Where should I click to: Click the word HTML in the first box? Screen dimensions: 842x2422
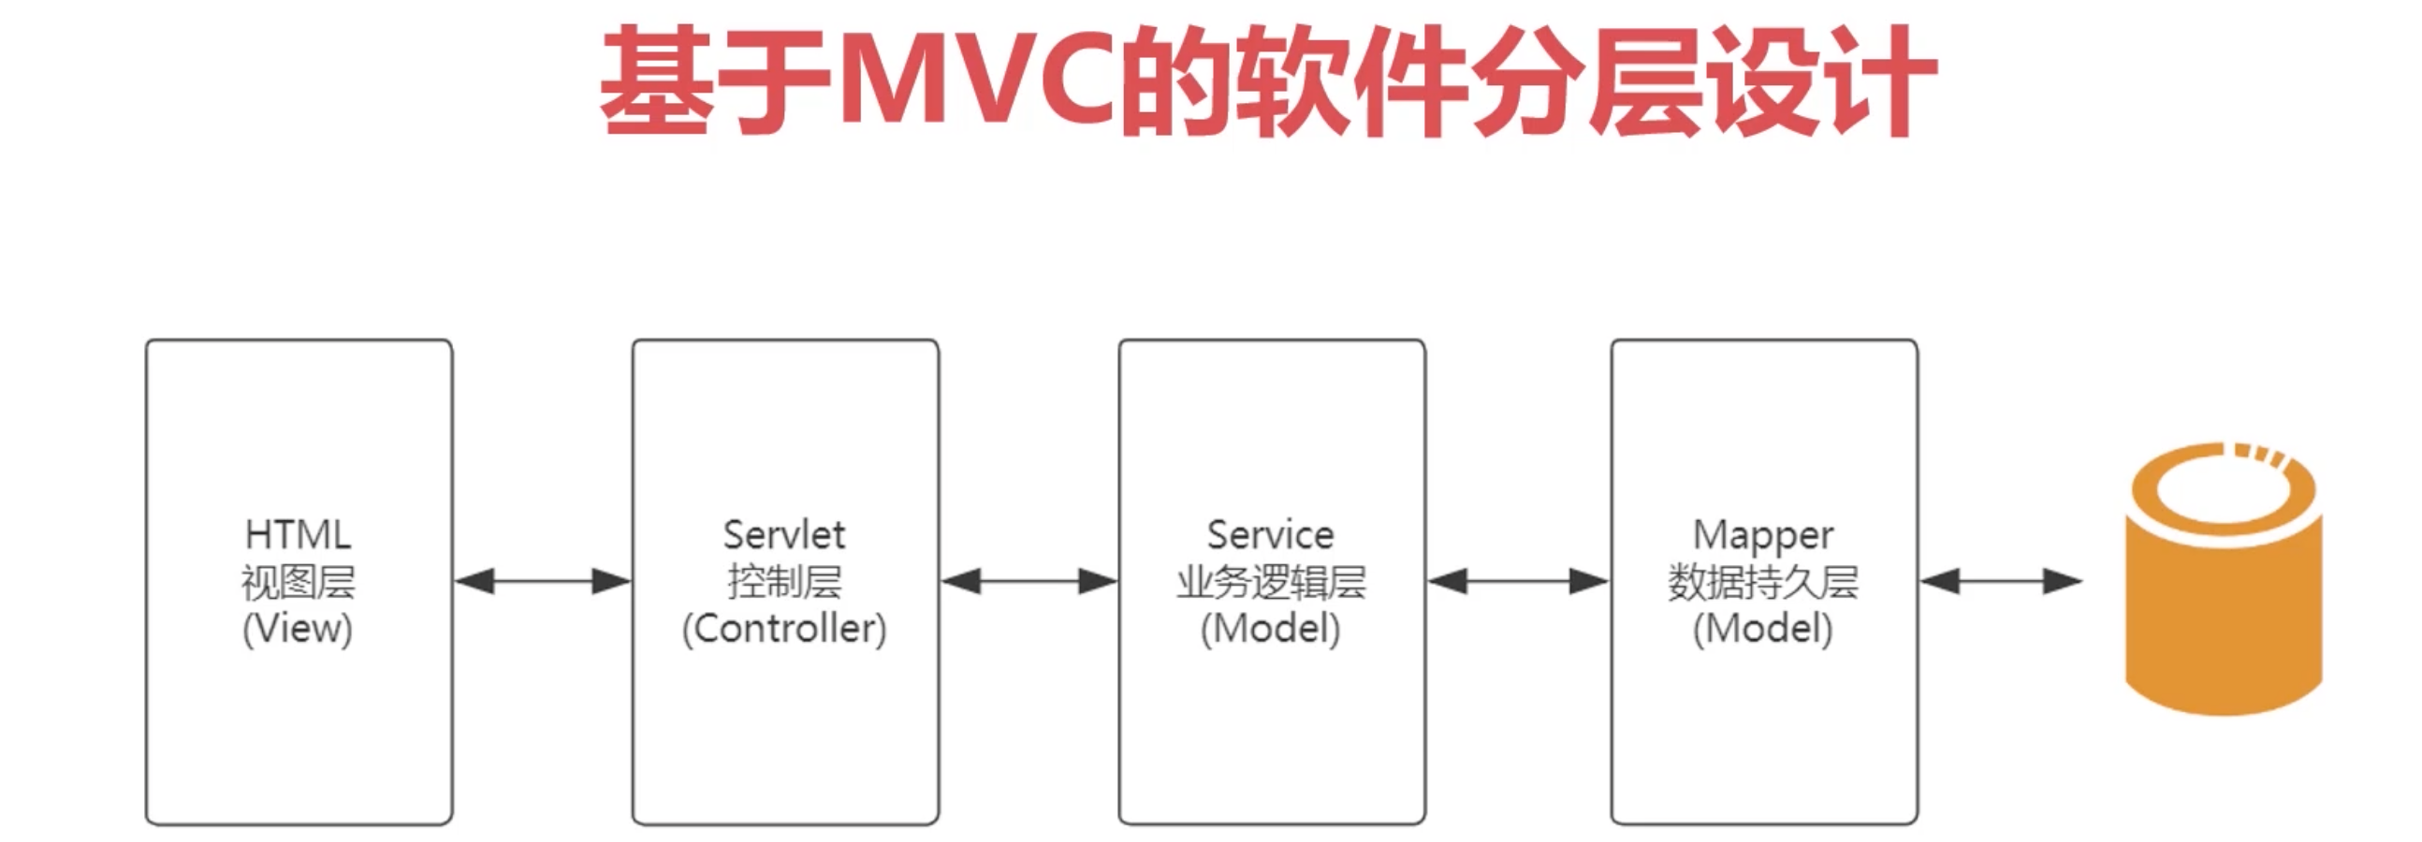pos(298,535)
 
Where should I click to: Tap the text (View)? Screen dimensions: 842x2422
pos(298,629)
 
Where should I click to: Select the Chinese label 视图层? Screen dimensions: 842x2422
pos(298,583)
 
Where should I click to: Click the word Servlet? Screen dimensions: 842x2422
pos(784,535)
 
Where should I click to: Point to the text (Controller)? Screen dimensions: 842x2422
pos(784,629)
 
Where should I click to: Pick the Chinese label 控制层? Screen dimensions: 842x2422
pos(784,583)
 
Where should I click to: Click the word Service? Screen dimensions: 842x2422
pos(1270,535)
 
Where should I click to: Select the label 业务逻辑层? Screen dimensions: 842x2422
pos(1270,583)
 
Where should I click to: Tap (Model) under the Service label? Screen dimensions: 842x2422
pos(1270,629)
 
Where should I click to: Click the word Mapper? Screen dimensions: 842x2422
pos(1763,536)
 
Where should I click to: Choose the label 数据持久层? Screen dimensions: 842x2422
pos(1763,583)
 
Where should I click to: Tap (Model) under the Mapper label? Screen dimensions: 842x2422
pos(1763,629)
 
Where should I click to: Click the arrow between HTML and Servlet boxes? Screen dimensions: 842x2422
pos(543,582)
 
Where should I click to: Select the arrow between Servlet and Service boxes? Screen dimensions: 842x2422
pos(1029,582)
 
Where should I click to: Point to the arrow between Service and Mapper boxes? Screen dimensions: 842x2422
pos(1518,582)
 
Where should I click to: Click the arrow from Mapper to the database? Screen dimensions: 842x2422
pos(2000,582)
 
